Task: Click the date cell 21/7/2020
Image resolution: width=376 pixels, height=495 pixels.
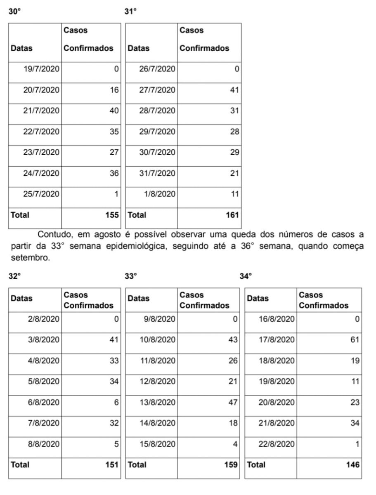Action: pyautogui.click(x=41, y=111)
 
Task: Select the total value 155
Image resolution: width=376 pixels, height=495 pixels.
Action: pyautogui.click(x=111, y=215)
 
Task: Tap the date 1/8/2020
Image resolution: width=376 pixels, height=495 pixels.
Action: pyautogui.click(x=160, y=194)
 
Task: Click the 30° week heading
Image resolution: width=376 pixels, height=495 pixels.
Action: pyautogui.click(x=15, y=12)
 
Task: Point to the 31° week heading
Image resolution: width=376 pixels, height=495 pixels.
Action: pyautogui.click(x=130, y=12)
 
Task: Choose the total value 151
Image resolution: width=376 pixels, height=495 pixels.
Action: pyautogui.click(x=111, y=464)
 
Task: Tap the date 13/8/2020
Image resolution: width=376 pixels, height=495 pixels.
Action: pyautogui.click(x=158, y=402)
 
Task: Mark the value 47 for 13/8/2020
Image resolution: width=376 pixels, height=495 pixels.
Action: pyautogui.click(x=233, y=402)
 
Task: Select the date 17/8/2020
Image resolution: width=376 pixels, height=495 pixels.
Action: pyautogui.click(x=277, y=340)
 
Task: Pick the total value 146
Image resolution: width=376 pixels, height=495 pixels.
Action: pyautogui.click(x=353, y=464)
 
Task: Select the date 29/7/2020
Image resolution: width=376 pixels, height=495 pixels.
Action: pyautogui.click(x=157, y=132)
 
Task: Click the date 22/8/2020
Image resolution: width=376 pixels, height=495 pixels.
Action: pyautogui.click(x=277, y=444)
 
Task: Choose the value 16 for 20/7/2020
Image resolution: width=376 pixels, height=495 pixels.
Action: pyautogui.click(x=114, y=90)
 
